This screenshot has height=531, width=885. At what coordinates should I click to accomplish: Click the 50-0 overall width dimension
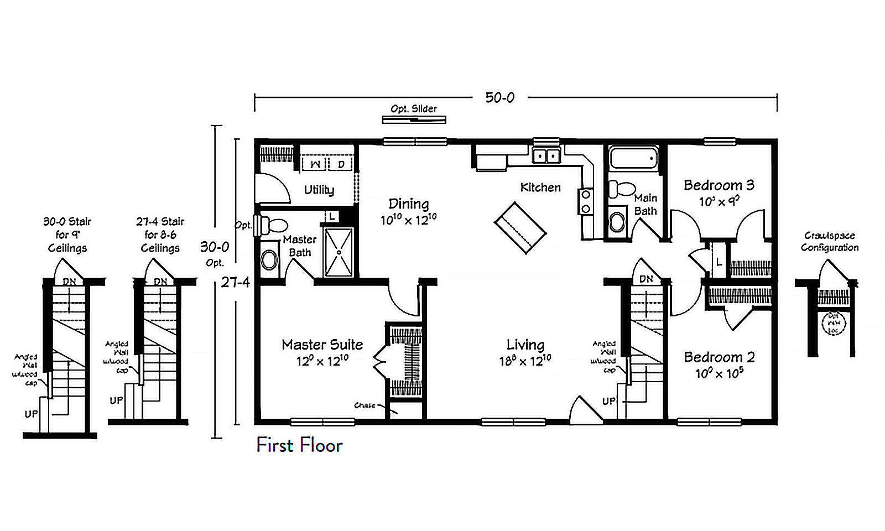(x=499, y=98)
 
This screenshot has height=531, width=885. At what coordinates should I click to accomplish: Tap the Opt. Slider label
(x=414, y=109)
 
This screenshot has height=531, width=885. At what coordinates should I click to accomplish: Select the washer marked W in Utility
(x=315, y=164)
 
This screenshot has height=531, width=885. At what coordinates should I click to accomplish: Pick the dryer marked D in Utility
(x=341, y=164)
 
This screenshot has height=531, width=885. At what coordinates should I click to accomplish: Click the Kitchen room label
(x=540, y=188)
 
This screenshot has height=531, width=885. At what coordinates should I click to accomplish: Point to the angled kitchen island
(x=520, y=228)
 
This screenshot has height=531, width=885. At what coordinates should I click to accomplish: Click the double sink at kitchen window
(x=546, y=156)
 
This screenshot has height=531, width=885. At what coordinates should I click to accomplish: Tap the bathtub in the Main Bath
(x=633, y=159)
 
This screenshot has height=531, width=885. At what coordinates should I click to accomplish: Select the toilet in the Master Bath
(x=274, y=225)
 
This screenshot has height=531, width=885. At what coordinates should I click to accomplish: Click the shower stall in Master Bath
(x=339, y=252)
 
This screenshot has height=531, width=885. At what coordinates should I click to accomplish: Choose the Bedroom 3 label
(x=719, y=185)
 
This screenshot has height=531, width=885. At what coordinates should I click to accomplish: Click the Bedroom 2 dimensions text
(x=719, y=374)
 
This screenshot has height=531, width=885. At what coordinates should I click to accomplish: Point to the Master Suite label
(x=322, y=345)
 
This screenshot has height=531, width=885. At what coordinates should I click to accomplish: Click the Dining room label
(x=408, y=204)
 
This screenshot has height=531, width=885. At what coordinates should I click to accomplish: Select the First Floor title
(x=299, y=445)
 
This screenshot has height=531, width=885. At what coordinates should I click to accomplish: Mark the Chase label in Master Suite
(x=365, y=405)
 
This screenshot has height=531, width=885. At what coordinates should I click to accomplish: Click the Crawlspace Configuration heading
(x=830, y=242)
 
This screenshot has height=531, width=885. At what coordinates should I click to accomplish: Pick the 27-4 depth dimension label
(x=235, y=282)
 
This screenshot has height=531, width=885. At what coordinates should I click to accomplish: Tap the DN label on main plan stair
(x=645, y=279)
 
